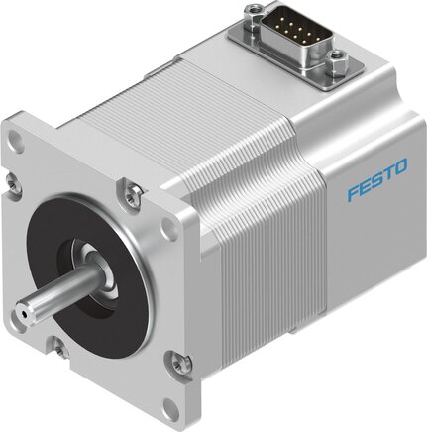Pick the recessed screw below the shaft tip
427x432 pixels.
[x=56, y=345]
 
